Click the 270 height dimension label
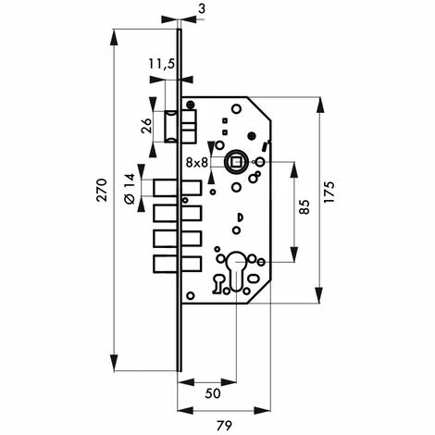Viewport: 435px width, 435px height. [102, 190]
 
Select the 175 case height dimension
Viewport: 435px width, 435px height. [329, 192]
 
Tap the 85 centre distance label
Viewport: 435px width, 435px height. [304, 207]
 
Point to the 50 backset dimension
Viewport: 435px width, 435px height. [213, 393]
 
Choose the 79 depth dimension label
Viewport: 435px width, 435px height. [224, 426]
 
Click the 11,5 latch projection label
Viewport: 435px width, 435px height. [162, 64]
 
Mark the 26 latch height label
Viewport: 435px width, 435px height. [147, 126]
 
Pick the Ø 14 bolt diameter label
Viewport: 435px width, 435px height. [130, 189]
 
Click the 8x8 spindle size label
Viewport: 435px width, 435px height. [197, 163]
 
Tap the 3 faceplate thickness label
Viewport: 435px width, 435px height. [202, 9]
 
